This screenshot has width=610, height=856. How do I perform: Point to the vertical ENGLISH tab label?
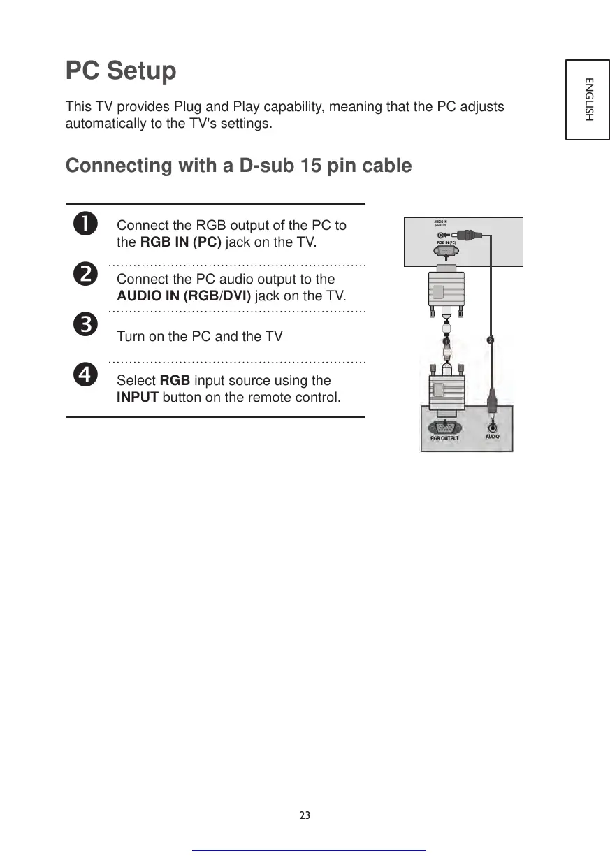(x=588, y=99)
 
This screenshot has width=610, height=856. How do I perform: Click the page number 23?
(x=305, y=815)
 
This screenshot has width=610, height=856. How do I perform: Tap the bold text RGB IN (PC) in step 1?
(x=181, y=243)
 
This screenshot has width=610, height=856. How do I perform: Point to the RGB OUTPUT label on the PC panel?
(x=444, y=438)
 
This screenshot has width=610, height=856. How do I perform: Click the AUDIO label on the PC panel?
(x=493, y=437)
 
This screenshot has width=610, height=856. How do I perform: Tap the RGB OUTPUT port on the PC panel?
(x=444, y=426)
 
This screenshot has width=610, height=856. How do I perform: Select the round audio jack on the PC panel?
(x=493, y=425)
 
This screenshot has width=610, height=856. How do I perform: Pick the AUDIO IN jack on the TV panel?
(x=440, y=235)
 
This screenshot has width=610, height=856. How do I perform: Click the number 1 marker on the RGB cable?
(x=445, y=341)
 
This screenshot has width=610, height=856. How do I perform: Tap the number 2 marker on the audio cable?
(x=491, y=340)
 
